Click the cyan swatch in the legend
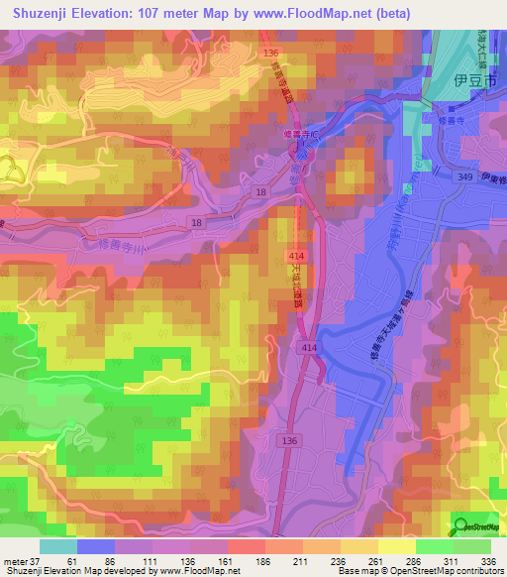click(x=58, y=546)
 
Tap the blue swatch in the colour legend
click(x=96, y=546)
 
